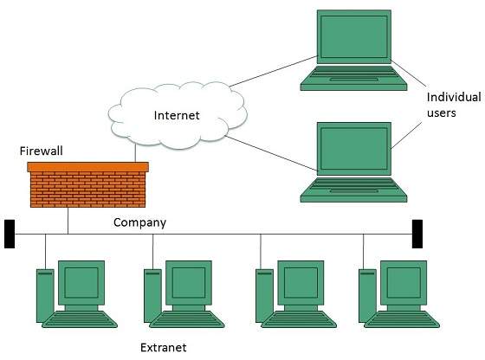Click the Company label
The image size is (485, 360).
point(139,222)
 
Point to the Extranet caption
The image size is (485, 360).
point(163,348)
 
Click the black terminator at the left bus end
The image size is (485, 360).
point(10,235)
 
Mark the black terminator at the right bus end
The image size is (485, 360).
point(417,233)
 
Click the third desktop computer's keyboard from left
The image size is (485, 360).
point(299,320)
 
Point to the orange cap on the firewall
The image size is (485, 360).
point(87,166)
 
